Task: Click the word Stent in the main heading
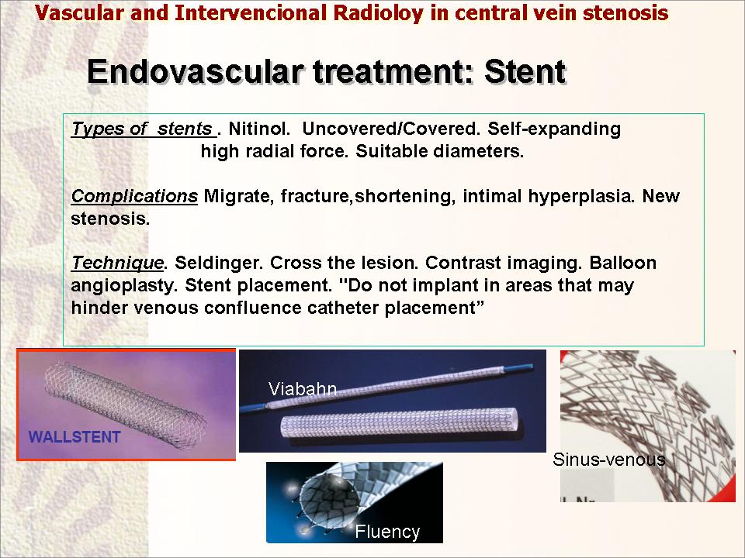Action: (x=525, y=71)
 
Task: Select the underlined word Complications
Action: (x=134, y=196)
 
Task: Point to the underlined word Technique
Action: (x=117, y=263)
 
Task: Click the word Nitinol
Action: (x=259, y=129)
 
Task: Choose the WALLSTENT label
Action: (x=74, y=436)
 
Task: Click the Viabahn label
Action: (x=303, y=389)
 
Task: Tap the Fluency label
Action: (x=387, y=532)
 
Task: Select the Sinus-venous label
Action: (x=608, y=460)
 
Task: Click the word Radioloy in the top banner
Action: (x=378, y=13)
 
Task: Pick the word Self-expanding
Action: (x=554, y=129)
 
